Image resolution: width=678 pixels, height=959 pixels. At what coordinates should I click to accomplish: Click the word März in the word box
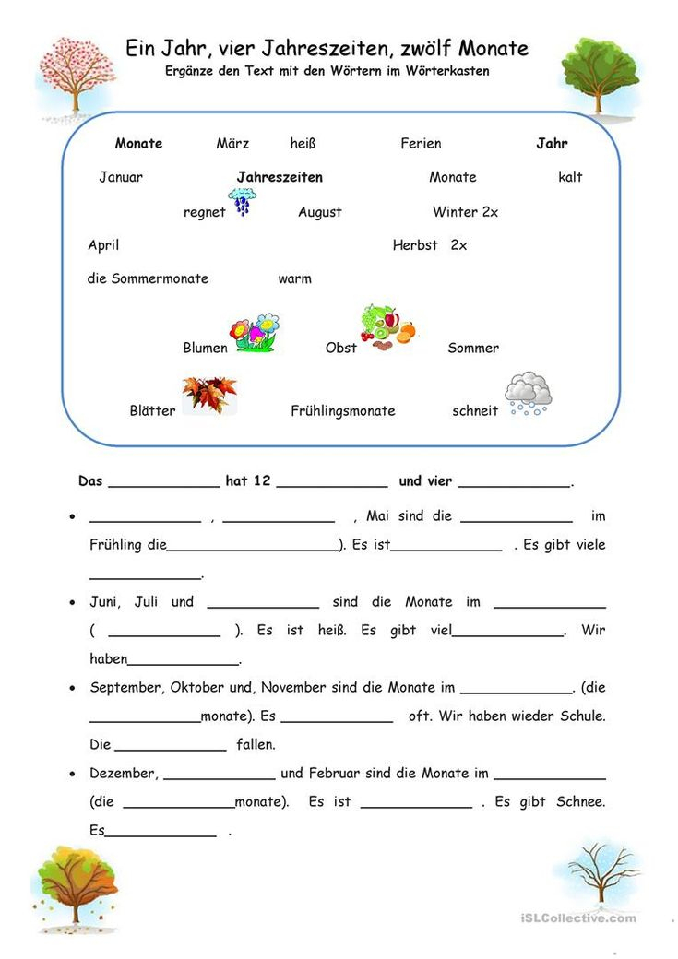[232, 144]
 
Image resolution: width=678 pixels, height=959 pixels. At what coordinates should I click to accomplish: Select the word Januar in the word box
[121, 177]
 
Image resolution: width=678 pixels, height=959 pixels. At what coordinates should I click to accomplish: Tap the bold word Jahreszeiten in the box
[280, 177]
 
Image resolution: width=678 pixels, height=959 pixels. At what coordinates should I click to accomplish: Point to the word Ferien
[421, 144]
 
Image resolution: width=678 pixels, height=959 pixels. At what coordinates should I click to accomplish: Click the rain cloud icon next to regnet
[243, 201]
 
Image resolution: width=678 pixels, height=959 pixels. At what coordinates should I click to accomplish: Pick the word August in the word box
[319, 212]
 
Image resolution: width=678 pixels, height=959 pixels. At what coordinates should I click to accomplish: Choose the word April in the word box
[103, 245]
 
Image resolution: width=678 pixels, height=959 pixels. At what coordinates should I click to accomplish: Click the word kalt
[570, 177]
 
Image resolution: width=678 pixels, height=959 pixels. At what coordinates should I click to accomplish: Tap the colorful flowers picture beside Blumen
[255, 333]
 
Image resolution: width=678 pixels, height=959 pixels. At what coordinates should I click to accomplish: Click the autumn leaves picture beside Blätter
[208, 395]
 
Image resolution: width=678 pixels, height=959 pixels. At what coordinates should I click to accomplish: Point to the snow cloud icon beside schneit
[528, 394]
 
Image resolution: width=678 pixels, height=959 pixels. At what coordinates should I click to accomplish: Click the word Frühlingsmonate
[342, 411]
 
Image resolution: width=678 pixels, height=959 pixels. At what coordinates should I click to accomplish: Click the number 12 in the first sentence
[261, 481]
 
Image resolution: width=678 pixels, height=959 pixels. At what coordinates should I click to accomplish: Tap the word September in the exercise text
[125, 687]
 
